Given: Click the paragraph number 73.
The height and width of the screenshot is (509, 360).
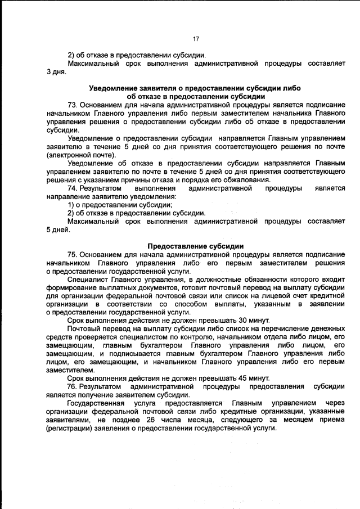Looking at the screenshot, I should point(73,105).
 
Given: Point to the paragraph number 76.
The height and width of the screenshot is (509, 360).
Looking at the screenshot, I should point(73,387).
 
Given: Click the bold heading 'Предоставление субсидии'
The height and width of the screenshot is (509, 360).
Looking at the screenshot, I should point(196,246).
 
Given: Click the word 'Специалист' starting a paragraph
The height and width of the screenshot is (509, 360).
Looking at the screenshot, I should point(85,279).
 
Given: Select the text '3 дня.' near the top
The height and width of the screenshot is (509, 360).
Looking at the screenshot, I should point(58,72).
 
